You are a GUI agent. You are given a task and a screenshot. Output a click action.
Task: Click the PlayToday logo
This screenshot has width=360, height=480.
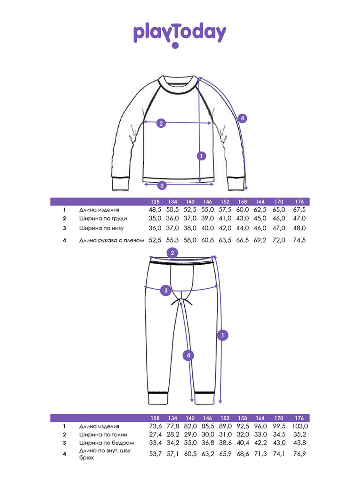pos(180,35)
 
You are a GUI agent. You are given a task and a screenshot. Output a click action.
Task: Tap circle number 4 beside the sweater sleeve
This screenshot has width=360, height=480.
pos(242,118)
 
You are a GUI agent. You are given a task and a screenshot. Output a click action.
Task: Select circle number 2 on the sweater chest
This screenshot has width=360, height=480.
pos(161,124)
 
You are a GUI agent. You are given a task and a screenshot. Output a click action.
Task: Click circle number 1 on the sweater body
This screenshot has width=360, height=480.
pos(201,156)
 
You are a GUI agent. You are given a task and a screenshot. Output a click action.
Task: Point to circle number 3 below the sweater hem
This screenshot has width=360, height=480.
pos(162,185)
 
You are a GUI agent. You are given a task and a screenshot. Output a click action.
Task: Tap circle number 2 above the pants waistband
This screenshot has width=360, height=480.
pos(172,253)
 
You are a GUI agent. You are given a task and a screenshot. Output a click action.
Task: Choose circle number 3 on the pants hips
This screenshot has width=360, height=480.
pos(166,291)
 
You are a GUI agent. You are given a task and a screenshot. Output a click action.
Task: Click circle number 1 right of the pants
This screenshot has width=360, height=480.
pos(223,335)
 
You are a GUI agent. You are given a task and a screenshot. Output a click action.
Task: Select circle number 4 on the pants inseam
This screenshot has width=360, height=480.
pos(188,356)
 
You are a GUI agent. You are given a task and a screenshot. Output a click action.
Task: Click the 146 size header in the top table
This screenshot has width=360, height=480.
pos(207,202)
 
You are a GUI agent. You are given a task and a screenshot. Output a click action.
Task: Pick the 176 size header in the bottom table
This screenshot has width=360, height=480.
pos(299,418)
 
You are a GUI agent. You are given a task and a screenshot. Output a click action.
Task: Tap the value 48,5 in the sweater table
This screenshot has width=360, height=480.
pos(155,210)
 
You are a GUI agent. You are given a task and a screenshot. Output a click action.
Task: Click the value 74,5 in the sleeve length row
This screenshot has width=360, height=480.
pos(299,240)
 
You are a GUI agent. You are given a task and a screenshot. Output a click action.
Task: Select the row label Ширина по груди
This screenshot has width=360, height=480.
pos(103,219)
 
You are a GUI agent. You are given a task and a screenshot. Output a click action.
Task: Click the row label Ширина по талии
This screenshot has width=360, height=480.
pos(103,435)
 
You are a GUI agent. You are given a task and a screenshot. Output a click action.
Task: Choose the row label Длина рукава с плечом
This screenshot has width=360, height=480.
pos(112,240)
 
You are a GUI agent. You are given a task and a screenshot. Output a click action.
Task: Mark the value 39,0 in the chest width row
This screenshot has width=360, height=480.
pos(208,218)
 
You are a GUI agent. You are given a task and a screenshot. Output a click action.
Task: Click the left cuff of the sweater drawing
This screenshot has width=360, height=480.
pos(120,183)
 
